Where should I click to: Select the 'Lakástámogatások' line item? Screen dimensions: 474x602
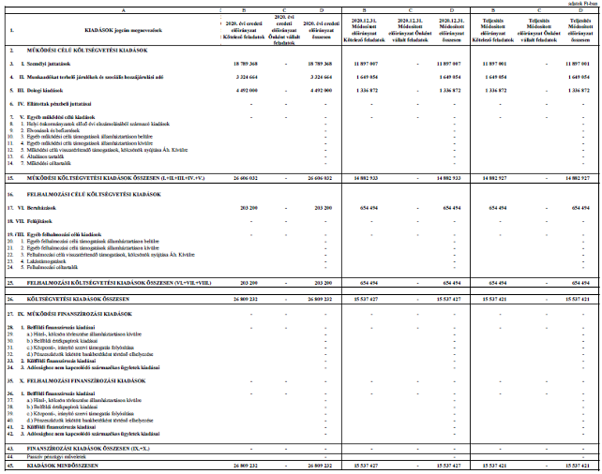click(x=47, y=263)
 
